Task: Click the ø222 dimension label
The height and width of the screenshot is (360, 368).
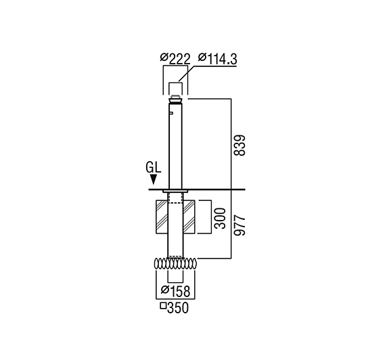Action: tap(175, 59)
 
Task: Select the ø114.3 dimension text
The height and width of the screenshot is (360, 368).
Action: tap(218, 59)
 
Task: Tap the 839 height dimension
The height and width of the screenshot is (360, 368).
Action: tap(239, 145)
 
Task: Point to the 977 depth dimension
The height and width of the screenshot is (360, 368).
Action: tap(239, 225)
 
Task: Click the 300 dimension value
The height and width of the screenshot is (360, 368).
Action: tap(220, 218)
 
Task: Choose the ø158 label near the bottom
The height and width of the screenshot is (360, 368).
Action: tap(175, 291)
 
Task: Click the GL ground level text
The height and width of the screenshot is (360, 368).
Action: tap(154, 168)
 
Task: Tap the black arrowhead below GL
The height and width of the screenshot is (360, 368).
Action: tap(154, 179)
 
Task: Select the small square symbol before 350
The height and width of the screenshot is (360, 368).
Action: tap(163, 306)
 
